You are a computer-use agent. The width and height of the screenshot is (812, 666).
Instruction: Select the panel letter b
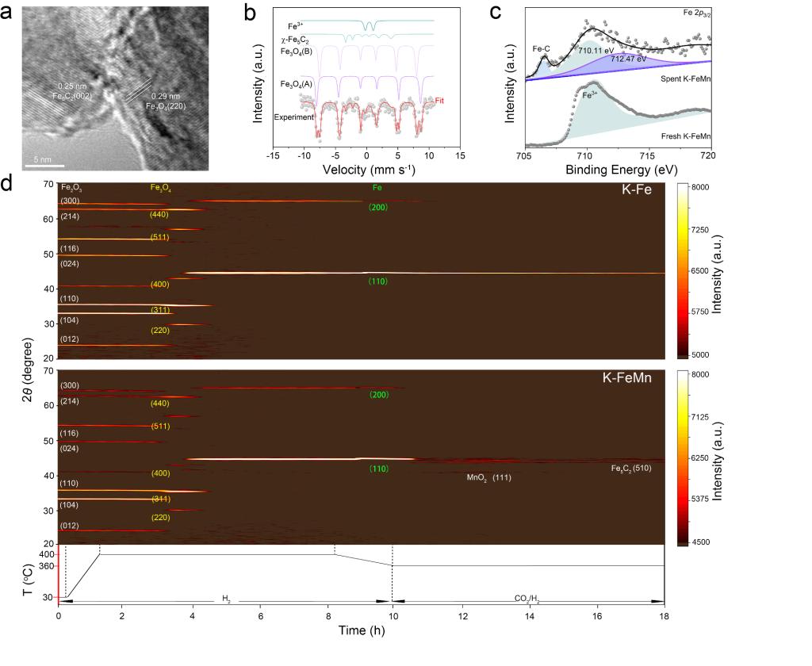click(250, 13)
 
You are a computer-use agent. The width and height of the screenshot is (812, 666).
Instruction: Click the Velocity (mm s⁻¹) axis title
click(365, 169)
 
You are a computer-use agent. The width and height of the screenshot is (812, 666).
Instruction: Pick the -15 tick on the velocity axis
click(271, 156)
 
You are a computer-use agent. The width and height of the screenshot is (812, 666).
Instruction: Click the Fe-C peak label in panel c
click(542, 49)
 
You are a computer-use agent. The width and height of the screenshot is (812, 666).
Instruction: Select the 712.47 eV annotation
click(629, 59)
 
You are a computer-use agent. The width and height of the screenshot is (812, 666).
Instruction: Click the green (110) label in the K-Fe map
click(377, 281)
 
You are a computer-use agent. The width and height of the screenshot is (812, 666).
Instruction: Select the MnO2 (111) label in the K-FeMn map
click(489, 478)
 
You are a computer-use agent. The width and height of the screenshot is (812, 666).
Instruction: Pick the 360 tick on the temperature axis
click(46, 565)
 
